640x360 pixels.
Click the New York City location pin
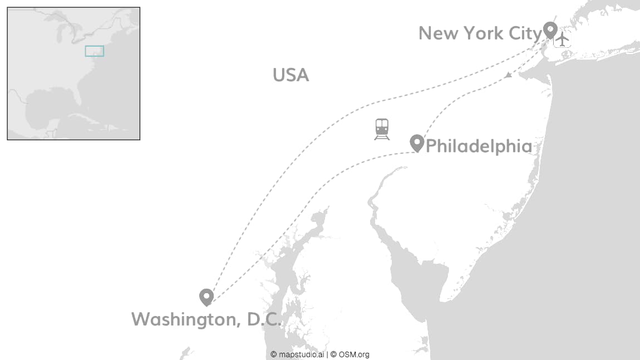point(550,29)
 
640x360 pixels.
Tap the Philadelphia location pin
point(417,142)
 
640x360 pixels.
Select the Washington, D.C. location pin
point(206,297)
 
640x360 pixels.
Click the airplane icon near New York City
point(563,39)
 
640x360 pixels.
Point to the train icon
point(382,129)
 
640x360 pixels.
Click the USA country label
point(291,75)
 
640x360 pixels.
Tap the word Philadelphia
point(479,146)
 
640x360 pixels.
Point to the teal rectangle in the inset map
point(94,51)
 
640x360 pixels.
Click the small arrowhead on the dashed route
point(508,75)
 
